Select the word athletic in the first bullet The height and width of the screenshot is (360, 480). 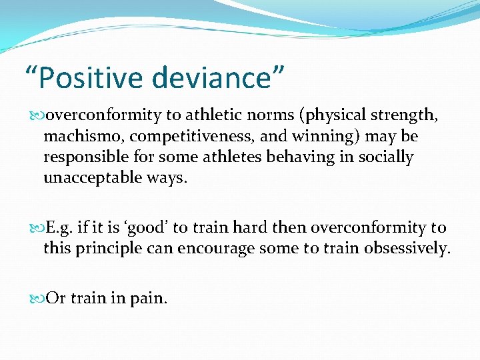tap(233, 115)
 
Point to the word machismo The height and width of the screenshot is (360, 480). tap(83, 136)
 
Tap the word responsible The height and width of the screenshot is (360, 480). tap(84, 157)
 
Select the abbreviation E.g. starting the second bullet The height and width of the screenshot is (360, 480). tap(59, 227)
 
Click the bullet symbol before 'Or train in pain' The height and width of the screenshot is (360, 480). tap(37, 299)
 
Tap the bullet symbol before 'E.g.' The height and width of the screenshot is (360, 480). tap(37, 228)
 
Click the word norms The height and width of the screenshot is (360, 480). tap(279, 115)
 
